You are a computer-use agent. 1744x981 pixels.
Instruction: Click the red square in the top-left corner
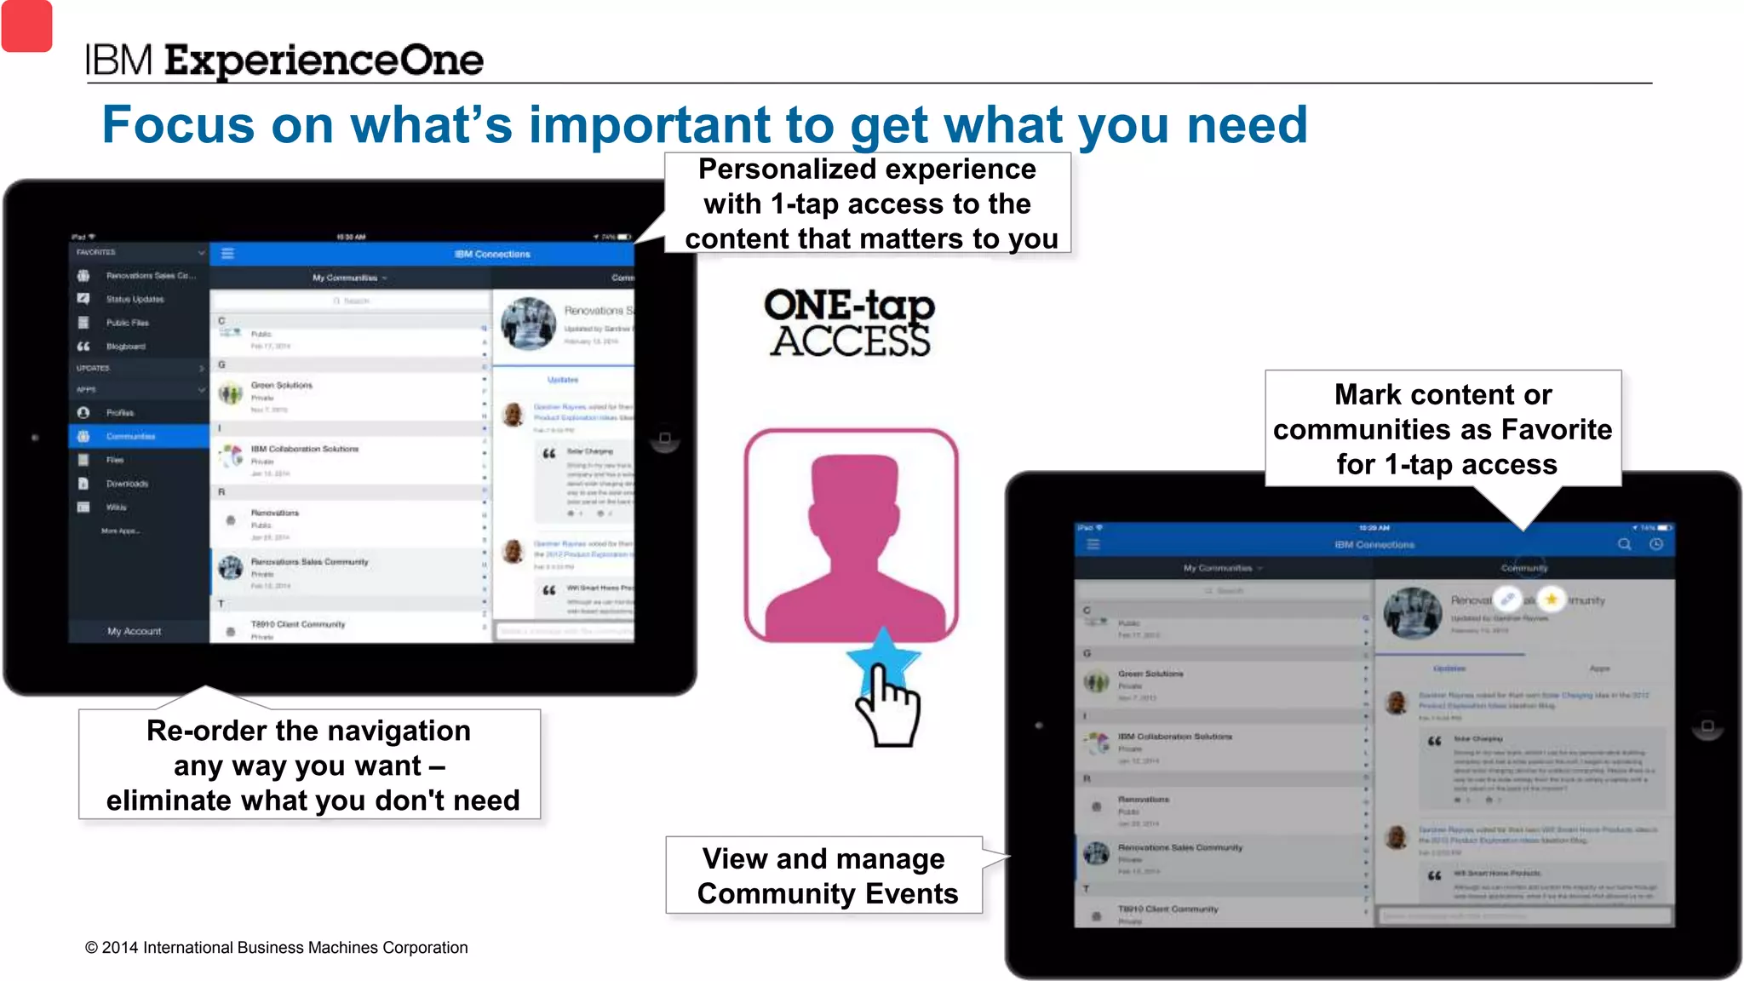[x=26, y=26]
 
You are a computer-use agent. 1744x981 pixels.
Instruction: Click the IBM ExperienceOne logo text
[x=284, y=60]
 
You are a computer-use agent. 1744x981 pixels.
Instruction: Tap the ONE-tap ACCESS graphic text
[x=849, y=324]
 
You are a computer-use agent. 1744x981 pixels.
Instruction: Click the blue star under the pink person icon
[x=883, y=657]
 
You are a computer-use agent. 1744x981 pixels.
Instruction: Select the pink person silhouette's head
[x=853, y=494]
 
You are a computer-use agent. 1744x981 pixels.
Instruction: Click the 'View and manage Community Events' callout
[x=825, y=875]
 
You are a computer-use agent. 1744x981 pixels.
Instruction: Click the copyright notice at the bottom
[x=276, y=948]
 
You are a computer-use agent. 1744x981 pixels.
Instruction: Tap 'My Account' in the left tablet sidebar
[x=134, y=631]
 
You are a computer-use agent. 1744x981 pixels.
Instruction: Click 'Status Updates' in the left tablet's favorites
[x=135, y=299]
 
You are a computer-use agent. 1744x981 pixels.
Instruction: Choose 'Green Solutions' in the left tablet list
[x=281, y=386]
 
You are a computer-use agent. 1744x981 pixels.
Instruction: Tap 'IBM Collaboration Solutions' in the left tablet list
[x=304, y=449]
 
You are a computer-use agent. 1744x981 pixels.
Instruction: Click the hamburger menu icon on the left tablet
[x=227, y=254]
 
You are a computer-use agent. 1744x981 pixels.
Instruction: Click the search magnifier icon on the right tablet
[x=1624, y=544]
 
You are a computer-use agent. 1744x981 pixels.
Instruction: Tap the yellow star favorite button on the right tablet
[x=1552, y=599]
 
